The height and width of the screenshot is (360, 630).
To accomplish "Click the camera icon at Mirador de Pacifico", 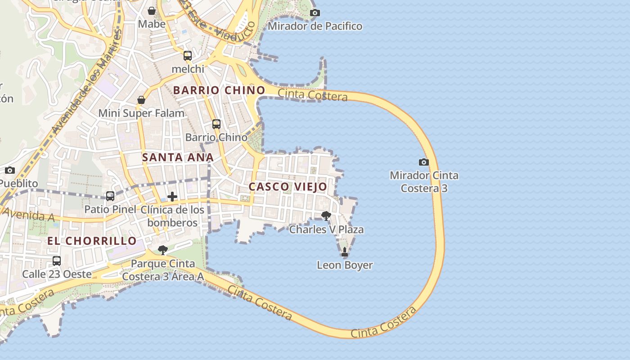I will [315, 13].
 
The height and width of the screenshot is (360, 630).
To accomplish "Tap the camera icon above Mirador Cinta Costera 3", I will [423, 162].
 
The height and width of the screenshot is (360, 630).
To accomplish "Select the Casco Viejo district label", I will [288, 187].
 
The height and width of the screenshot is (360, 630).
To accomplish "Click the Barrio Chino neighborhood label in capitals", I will [219, 90].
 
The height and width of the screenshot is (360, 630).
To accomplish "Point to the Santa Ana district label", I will [178, 157].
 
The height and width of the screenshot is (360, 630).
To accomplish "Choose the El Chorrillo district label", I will [92, 241].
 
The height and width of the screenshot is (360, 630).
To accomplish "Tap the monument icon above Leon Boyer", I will [345, 252].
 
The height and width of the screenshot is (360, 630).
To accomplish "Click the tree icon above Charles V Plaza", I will [326, 216].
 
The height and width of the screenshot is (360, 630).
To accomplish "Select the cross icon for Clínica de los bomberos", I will [172, 197].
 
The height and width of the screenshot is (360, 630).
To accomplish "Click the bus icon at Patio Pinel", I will [110, 196].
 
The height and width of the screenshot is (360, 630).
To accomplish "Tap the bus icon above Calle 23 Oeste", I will [57, 261].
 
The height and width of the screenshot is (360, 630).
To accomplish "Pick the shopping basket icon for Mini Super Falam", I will [141, 100].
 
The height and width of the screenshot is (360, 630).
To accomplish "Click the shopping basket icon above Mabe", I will [152, 11].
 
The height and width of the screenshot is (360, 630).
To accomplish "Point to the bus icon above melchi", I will [188, 56].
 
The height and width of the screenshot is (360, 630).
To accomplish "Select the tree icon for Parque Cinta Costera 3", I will [163, 250].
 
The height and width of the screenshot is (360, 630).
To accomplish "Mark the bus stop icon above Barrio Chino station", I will [216, 124].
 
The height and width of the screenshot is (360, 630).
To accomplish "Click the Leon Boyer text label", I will [345, 265].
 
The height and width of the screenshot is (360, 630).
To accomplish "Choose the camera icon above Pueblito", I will [10, 170].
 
